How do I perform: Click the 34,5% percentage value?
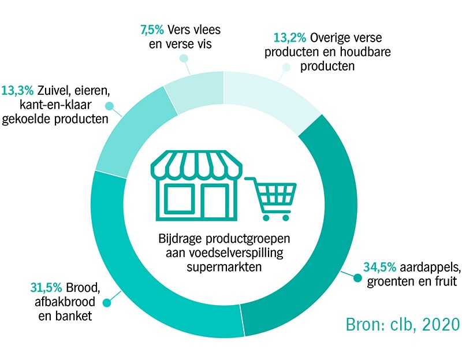(x=379, y=267)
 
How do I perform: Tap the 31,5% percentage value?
(x=46, y=287)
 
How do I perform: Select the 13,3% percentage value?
(x=18, y=91)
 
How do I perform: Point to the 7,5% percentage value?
(x=152, y=30)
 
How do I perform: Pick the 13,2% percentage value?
(x=290, y=38)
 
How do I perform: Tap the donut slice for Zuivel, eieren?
(x=133, y=130)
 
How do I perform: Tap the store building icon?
(x=196, y=185)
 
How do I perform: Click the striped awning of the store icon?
(x=196, y=164)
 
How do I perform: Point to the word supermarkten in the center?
(x=224, y=267)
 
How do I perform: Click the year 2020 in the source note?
(x=441, y=325)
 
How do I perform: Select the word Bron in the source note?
(x=363, y=325)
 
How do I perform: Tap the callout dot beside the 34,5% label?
(x=357, y=278)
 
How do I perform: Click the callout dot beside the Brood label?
(x=107, y=303)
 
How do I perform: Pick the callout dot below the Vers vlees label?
(x=184, y=58)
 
